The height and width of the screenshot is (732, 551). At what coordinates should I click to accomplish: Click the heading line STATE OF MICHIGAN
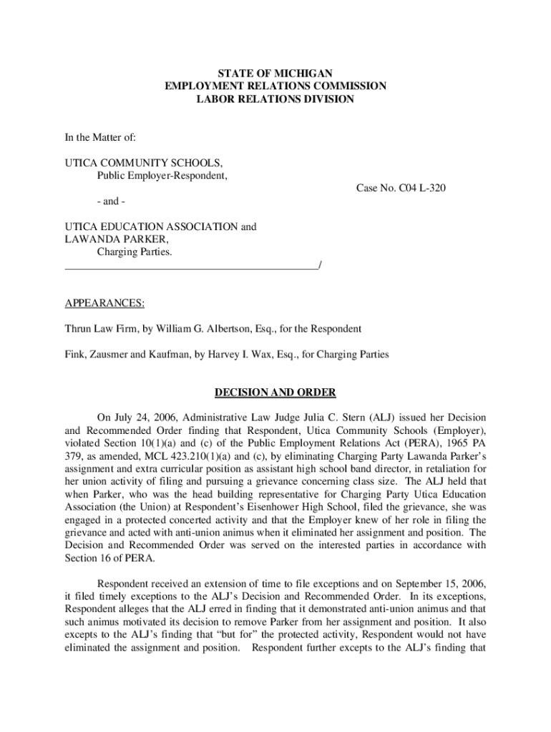[x=275, y=73]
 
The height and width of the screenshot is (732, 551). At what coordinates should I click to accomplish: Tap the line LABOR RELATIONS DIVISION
[x=275, y=99]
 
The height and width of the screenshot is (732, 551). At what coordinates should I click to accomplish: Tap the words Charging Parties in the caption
[x=135, y=252]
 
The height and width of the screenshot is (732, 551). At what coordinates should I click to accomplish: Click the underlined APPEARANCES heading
[x=104, y=304]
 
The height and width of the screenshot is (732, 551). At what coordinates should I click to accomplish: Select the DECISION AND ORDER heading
[x=275, y=392]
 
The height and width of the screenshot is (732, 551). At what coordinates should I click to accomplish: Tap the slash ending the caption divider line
[x=319, y=266]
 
